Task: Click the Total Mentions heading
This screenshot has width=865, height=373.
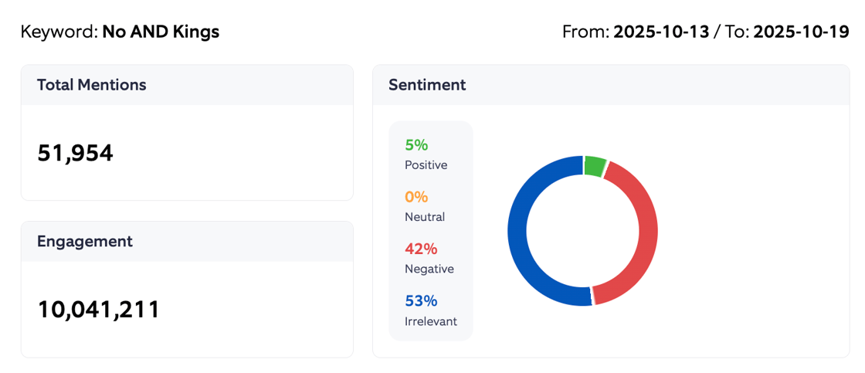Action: (91, 85)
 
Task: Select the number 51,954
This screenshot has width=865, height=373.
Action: (75, 153)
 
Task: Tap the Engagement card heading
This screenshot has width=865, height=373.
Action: (84, 241)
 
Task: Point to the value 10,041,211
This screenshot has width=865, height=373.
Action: (98, 309)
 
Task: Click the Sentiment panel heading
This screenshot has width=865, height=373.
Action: (427, 85)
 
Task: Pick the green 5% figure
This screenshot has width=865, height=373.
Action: (416, 145)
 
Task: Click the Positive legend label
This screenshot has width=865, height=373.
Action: (426, 165)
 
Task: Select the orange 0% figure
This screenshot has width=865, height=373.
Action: (416, 197)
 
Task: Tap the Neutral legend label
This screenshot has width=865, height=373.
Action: (425, 217)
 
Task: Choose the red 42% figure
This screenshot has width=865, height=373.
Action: (421, 249)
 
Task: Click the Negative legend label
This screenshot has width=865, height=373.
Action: (429, 269)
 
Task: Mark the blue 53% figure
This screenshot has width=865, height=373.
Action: (421, 300)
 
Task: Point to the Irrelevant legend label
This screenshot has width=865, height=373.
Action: (430, 321)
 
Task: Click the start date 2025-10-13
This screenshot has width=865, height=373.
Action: (661, 32)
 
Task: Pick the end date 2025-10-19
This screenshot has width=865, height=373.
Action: (801, 32)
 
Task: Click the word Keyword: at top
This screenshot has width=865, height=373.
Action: (59, 32)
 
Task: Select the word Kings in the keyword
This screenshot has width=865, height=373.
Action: (198, 32)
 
